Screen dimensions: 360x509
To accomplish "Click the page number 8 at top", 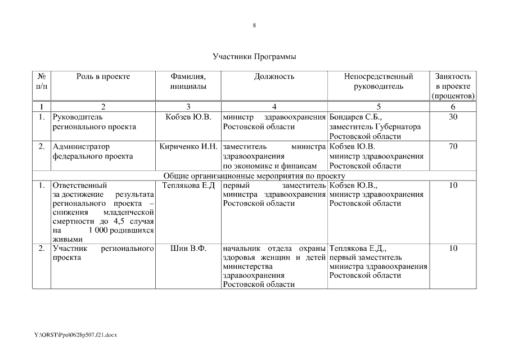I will pos(254,25).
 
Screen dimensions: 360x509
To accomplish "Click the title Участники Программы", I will pos(254,57).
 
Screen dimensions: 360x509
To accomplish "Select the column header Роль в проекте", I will pos(103,76).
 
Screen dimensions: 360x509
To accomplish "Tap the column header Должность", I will pos(273,76).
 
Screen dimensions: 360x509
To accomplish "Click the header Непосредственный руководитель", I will pos(378,82).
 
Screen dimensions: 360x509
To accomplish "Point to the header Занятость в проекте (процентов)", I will pos(453,86).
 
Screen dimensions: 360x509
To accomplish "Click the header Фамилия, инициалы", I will pos(188,82).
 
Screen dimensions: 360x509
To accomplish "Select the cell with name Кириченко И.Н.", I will pos(188,147).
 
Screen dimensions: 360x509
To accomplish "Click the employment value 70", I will pos(453,147).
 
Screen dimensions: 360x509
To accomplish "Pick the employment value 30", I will pos(453,117).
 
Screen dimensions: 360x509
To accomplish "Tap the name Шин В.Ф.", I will pos(188,248).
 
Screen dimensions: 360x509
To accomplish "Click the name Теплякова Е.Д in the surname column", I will pos(188,185).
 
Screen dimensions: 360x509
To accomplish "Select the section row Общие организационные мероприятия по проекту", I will pos(254,175).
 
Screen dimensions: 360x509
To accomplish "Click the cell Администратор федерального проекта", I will pos(92,151).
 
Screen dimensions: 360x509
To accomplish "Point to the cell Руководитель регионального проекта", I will pos(94,122).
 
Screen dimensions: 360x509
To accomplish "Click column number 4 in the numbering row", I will pos(273,106).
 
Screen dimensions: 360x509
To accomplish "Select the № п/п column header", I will pos(42,82).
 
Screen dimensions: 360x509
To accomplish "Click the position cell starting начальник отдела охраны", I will pos(274,266).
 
